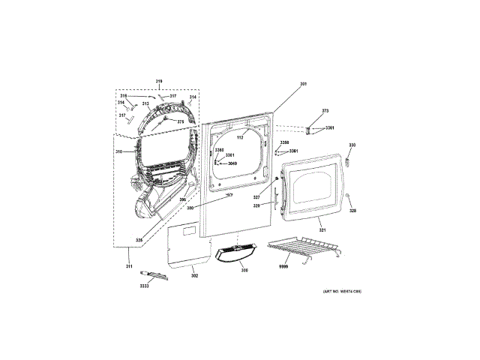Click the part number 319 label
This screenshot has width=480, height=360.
(159, 81)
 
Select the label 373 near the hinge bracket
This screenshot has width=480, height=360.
(325, 111)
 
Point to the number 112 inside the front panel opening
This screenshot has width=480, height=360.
(241, 137)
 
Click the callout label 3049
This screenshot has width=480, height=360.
(232, 163)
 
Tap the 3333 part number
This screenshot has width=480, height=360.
(144, 286)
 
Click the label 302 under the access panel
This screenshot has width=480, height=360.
(194, 277)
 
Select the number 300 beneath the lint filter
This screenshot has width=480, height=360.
(244, 270)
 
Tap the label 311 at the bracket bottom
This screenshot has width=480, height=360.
(128, 265)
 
